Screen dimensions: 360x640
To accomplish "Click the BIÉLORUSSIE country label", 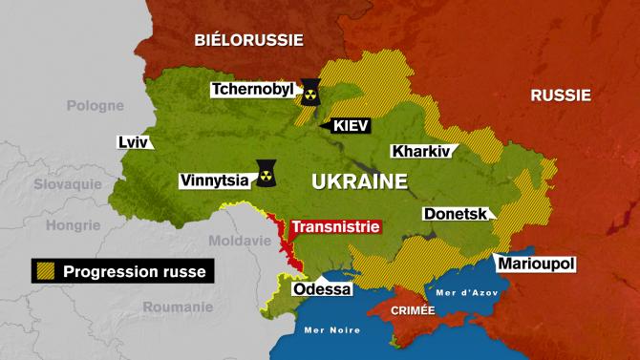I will click(x=248, y=39).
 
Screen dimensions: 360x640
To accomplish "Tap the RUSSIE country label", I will click(x=560, y=95).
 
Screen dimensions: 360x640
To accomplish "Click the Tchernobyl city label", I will click(x=253, y=91).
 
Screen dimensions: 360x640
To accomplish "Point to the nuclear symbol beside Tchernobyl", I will click(x=310, y=91).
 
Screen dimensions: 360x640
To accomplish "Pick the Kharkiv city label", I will click(x=422, y=151).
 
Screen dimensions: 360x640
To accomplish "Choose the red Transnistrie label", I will click(x=335, y=227).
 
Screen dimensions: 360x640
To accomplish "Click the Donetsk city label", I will click(x=456, y=214).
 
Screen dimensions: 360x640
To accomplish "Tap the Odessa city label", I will click(x=322, y=287).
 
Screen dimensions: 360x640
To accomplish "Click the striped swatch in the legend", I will click(x=44, y=272).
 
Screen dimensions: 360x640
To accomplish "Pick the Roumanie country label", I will click(x=178, y=307).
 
